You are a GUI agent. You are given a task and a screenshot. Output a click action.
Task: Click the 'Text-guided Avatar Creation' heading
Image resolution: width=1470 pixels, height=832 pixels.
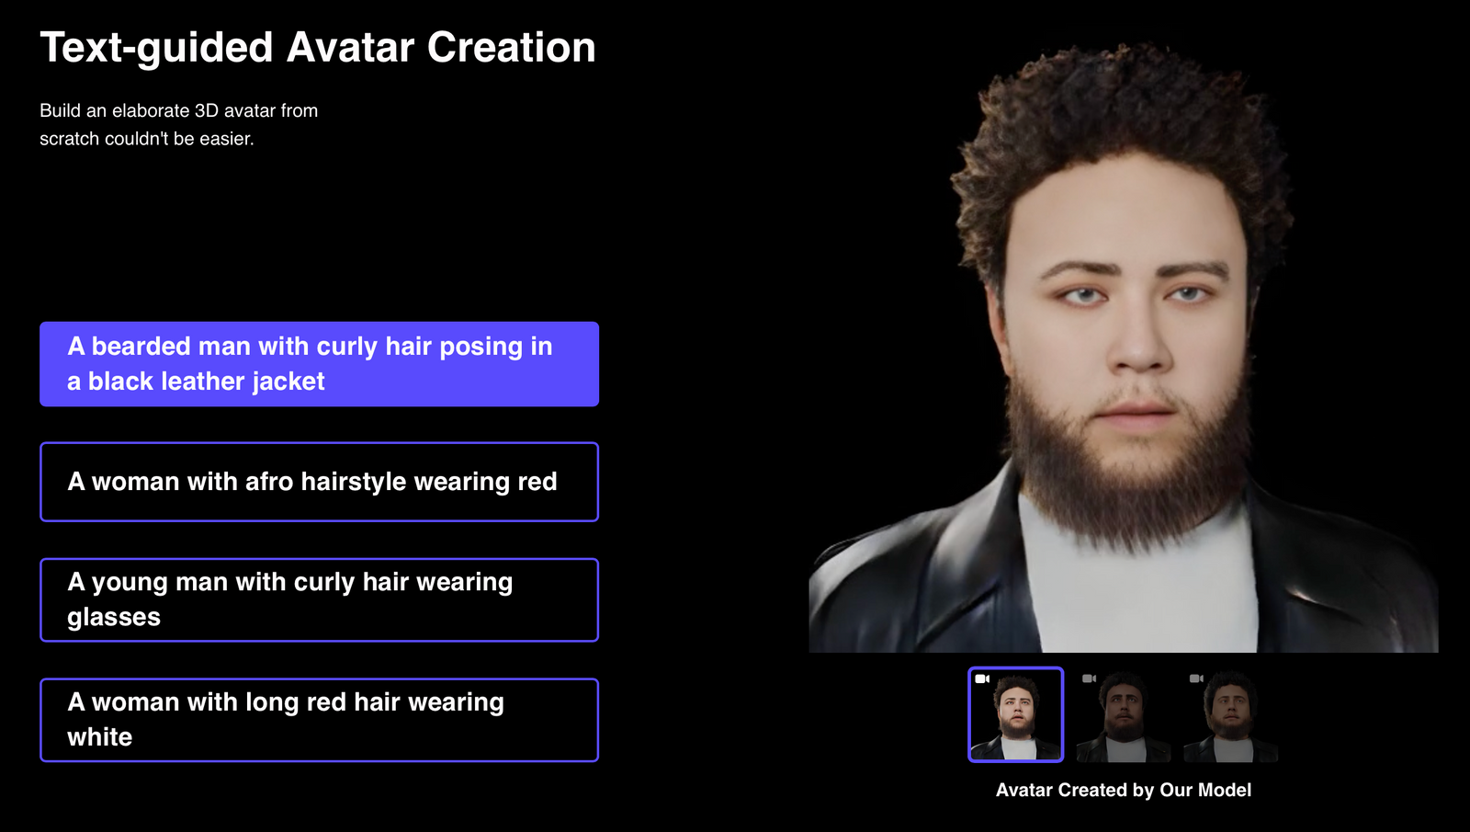pos(318,48)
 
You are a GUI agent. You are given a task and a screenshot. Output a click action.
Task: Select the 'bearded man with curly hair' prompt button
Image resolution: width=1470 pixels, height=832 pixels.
pos(319,364)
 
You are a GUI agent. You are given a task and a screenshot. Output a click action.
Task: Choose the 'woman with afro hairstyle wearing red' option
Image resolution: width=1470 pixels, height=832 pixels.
pos(319,482)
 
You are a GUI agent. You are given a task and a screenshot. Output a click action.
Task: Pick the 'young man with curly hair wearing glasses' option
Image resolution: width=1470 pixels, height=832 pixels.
pos(319,599)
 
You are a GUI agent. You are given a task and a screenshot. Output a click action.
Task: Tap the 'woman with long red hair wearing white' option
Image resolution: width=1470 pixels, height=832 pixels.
pos(319,720)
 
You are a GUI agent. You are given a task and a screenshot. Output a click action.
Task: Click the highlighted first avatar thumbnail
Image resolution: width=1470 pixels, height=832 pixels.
pos(1015,715)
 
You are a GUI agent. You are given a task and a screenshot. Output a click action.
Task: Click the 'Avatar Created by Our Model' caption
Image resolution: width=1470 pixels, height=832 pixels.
pos(1123,790)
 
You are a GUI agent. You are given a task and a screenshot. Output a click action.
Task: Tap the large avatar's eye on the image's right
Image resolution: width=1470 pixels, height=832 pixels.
pos(1187,294)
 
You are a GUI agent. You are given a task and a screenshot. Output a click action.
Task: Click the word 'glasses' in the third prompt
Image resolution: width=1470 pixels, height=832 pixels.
pos(114,618)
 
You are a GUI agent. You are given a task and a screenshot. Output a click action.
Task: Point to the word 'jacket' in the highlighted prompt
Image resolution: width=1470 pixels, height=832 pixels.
pos(288,382)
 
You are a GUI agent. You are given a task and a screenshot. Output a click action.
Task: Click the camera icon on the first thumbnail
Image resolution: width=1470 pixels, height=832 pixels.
pos(982,678)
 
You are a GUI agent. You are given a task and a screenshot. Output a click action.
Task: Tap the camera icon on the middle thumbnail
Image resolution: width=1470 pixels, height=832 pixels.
pos(1089,678)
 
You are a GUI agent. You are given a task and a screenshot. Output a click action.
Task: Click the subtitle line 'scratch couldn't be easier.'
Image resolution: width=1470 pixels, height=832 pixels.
pos(147,139)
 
